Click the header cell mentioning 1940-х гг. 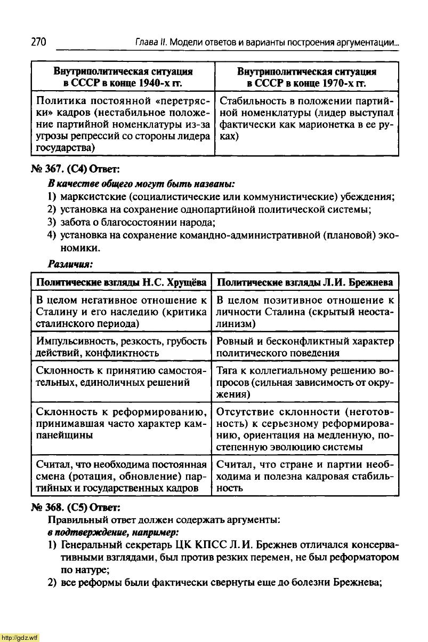[123, 77]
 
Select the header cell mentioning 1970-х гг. [306, 77]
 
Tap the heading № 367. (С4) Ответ [77, 170]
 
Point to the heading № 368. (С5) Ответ [77, 505]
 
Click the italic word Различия [70, 264]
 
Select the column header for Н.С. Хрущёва [121, 282]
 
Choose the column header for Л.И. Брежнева [305, 282]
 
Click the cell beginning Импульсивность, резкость [121, 347]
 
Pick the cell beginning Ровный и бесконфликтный [305, 347]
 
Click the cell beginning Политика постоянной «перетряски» [123, 124]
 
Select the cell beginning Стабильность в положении [306, 118]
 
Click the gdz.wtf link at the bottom [20, 637]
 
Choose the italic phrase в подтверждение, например [113, 532]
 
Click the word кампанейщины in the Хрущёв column [64, 435]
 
